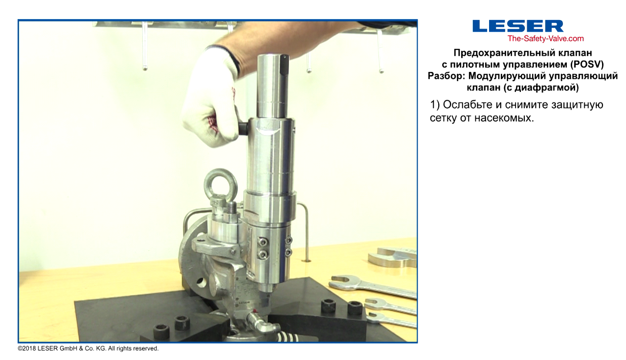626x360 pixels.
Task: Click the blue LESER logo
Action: pyautogui.click(x=518, y=26)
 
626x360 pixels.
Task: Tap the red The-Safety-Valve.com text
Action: pyautogui.click(x=545, y=39)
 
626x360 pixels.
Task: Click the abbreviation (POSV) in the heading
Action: pyautogui.click(x=587, y=65)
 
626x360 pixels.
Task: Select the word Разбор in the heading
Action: pyautogui.click(x=447, y=76)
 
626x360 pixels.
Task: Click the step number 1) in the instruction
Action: pyautogui.click(x=435, y=105)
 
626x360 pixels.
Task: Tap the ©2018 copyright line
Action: pyautogui.click(x=88, y=349)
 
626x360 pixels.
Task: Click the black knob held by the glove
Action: pyautogui.click(x=244, y=129)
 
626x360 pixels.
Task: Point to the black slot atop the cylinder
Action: pyautogui.click(x=284, y=65)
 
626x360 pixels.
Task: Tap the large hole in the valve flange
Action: pyautogui.click(x=201, y=283)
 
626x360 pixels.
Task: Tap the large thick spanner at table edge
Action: pyautogui.click(x=393, y=257)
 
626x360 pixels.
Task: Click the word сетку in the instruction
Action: pyautogui.click(x=443, y=118)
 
